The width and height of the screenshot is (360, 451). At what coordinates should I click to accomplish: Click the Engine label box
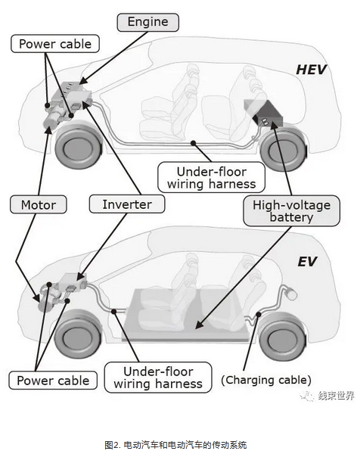(x=147, y=22)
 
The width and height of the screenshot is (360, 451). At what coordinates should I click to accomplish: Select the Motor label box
(x=39, y=204)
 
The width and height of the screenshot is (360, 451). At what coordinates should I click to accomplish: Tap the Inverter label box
(x=127, y=204)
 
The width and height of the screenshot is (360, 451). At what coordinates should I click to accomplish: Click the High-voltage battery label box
(x=291, y=211)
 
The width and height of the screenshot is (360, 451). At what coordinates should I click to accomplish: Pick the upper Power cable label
(x=55, y=44)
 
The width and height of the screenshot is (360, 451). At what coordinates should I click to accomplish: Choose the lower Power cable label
(x=53, y=380)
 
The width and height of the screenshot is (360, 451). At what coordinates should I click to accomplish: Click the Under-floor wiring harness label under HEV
(x=211, y=178)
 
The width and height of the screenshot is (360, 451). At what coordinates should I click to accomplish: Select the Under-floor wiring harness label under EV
(x=158, y=378)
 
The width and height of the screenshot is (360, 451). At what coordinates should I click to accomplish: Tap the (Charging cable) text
(x=266, y=380)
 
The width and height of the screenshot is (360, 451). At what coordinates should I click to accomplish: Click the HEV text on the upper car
(x=312, y=70)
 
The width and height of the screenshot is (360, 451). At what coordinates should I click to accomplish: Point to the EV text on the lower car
(x=307, y=262)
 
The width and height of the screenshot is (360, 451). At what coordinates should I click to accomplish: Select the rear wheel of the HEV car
(x=283, y=150)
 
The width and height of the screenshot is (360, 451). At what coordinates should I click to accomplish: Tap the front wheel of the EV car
(x=78, y=336)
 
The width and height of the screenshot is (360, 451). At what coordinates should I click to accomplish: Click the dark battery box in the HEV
(x=263, y=113)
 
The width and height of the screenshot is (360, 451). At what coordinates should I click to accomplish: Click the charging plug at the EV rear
(x=290, y=294)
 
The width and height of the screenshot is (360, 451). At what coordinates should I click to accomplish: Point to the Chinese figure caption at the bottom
(x=175, y=444)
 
